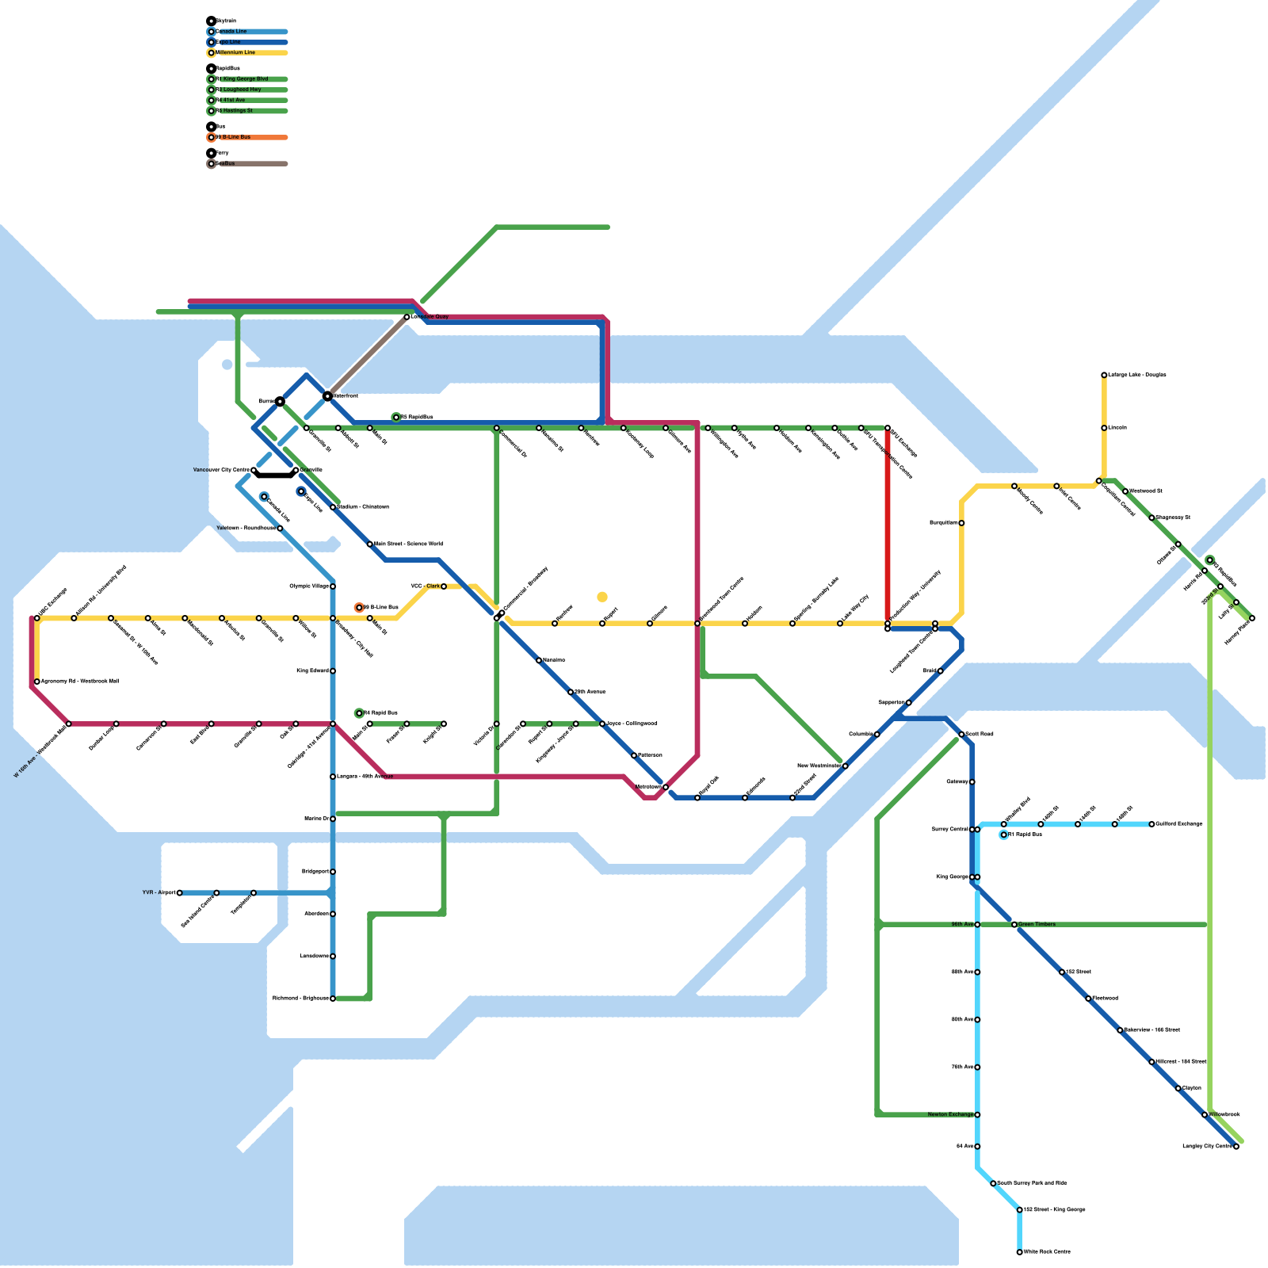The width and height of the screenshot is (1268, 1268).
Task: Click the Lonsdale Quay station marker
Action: click(x=407, y=317)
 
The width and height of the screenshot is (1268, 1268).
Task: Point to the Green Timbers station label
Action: click(x=1037, y=924)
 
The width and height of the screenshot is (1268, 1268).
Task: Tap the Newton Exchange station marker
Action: click(x=977, y=1115)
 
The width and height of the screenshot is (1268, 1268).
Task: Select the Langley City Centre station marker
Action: click(x=1236, y=1147)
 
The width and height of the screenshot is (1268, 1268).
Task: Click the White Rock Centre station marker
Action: click(x=1019, y=1252)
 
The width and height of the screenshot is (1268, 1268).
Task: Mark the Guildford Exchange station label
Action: click(x=1179, y=824)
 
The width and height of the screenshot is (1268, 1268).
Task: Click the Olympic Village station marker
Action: click(x=333, y=586)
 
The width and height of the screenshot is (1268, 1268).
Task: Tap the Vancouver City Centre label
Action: click(x=221, y=470)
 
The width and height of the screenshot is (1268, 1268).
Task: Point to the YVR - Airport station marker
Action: click(x=180, y=893)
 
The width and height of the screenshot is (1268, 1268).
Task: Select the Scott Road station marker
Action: click(x=961, y=735)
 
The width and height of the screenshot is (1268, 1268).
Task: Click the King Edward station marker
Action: click(x=333, y=671)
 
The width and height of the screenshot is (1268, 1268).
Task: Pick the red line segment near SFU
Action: click(x=888, y=523)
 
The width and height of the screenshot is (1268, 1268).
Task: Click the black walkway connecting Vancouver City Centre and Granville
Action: click(x=274, y=475)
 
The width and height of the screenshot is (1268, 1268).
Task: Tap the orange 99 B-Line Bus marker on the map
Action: click(x=360, y=608)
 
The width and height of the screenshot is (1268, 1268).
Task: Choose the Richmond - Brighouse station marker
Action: click(x=333, y=999)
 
